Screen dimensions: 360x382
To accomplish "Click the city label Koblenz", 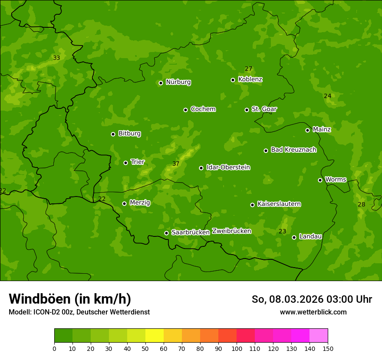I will coord(250,79).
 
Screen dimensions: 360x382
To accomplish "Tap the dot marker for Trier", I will coord(126,163).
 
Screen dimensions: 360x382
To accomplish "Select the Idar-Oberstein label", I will coord(228,167).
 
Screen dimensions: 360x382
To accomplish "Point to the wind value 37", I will coord(176,164).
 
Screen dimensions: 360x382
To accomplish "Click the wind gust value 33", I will coord(56,58).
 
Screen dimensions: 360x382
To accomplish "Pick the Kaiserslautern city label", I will coord(279,204).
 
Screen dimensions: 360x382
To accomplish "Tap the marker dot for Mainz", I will coord(307,130).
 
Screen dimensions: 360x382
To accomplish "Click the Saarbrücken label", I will coord(190,232).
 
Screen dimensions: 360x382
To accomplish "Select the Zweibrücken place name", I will coord(231,231).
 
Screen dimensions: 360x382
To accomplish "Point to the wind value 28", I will coord(361,204).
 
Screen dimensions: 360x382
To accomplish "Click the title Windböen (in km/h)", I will coord(70,299).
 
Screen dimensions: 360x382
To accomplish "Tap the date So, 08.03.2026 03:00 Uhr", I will coord(312,299).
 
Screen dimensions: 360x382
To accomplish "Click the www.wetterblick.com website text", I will coord(313,312).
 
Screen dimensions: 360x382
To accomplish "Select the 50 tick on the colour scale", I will coord(145,348).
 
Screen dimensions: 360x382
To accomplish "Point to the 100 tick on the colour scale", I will coord(237,348).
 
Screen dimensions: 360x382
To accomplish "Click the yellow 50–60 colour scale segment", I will coord(155,336).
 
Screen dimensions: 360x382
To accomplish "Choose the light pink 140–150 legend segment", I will coord(319,336).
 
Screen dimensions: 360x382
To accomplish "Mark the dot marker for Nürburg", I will coord(161,83).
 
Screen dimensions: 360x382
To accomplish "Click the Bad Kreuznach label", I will coord(293,150).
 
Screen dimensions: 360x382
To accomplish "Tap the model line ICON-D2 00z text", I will coord(79,312).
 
